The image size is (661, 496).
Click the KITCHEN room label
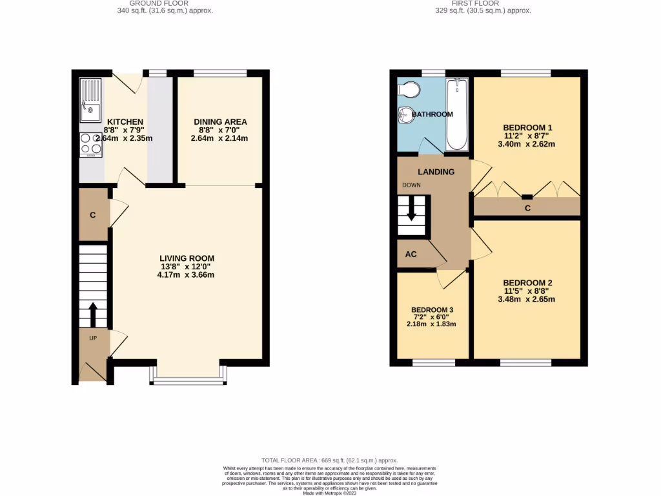[x=125, y=122]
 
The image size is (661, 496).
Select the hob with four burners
[x=90, y=145]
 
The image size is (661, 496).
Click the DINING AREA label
[x=220, y=122]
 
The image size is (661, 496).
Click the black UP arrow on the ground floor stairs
[x=92, y=315]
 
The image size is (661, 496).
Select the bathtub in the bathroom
[x=457, y=114]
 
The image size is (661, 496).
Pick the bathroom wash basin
[x=405, y=115]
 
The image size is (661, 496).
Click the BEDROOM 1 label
[x=527, y=127]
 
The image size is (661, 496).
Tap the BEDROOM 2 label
[x=527, y=283]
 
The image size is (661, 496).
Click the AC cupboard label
[x=411, y=254]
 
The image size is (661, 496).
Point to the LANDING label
[x=436, y=172]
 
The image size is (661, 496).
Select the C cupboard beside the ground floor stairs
[x=93, y=215]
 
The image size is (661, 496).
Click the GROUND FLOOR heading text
[x=165, y=3]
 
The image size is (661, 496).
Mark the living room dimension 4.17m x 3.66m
[x=185, y=274]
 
